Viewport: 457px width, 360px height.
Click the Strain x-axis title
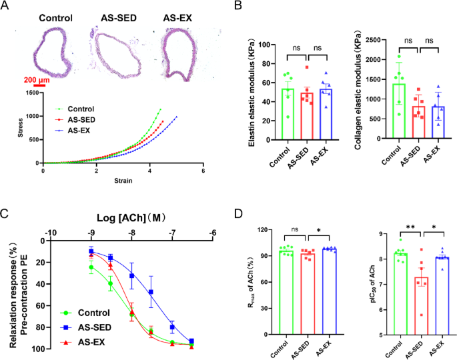(x=122, y=180)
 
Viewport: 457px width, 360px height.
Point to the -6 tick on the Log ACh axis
(x=213, y=233)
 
